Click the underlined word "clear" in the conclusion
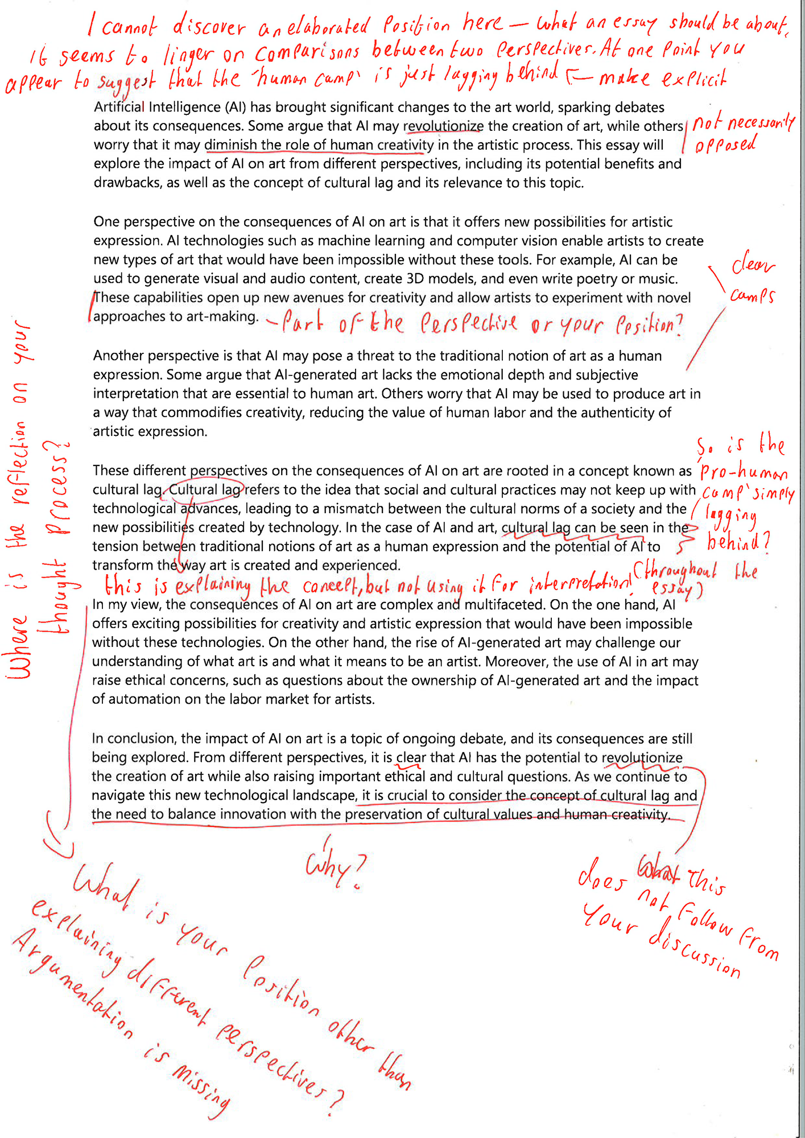(411, 758)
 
